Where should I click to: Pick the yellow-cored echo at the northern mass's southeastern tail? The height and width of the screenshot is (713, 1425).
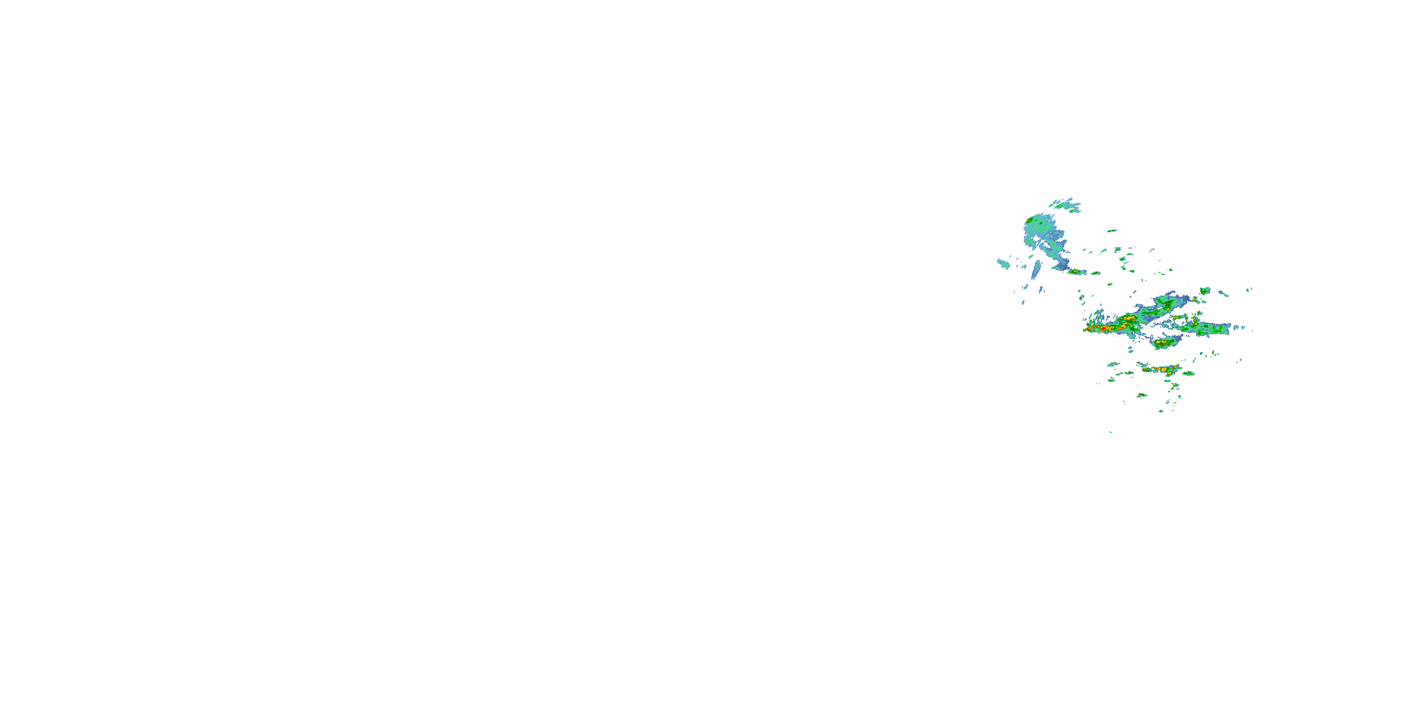coord(1075,272)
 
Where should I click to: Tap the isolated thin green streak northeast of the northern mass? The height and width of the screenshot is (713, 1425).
coord(1112,231)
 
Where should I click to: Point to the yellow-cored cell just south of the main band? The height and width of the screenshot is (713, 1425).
coord(1164,344)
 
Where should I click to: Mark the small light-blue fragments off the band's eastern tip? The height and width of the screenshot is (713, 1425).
coord(1244,328)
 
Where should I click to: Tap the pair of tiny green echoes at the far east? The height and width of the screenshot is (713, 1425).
coord(1250,289)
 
